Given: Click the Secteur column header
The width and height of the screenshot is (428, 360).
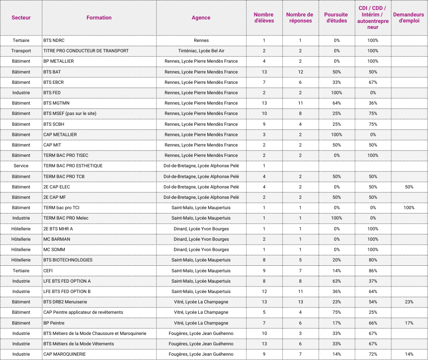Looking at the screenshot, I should pos(21,18).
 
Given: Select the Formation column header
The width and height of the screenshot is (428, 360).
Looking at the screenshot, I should pos(99,18).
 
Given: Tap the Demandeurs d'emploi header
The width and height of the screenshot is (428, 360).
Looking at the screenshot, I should pos(408,18).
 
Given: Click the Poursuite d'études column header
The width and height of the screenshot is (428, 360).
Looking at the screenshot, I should pos(336,18).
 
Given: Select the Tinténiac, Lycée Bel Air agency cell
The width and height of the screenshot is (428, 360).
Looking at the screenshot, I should pos(201,51).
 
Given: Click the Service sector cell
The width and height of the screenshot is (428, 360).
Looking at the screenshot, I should pos(21,166).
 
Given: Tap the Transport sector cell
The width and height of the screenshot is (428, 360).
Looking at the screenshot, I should pos(21,51).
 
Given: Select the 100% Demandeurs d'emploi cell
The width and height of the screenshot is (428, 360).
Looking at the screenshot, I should pos(409,207).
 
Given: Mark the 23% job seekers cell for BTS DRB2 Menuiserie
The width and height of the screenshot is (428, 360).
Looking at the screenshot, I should pos(409,302).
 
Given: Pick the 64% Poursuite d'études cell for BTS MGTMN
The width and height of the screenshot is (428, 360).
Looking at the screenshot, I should pos(336,103).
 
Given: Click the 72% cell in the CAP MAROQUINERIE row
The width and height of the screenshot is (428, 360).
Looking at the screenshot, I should pos(372,354).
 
